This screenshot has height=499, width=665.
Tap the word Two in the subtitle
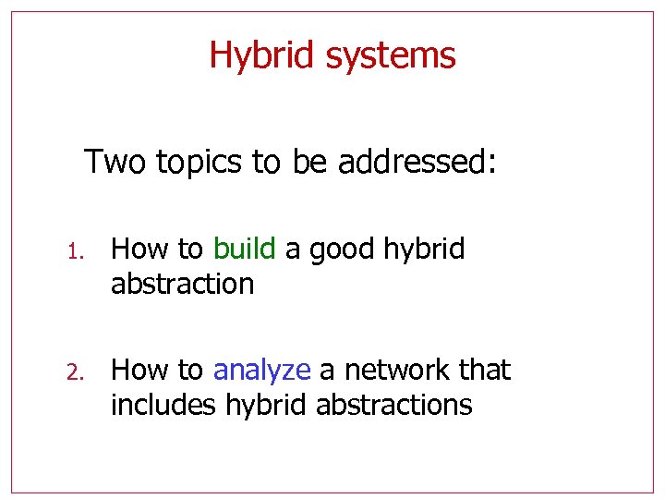(116, 162)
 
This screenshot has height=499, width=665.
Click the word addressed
(417, 162)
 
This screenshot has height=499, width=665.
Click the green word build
(244, 249)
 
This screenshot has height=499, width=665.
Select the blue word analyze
(261, 371)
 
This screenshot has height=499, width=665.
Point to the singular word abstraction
(182, 283)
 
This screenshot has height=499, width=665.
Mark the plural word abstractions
(393, 404)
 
